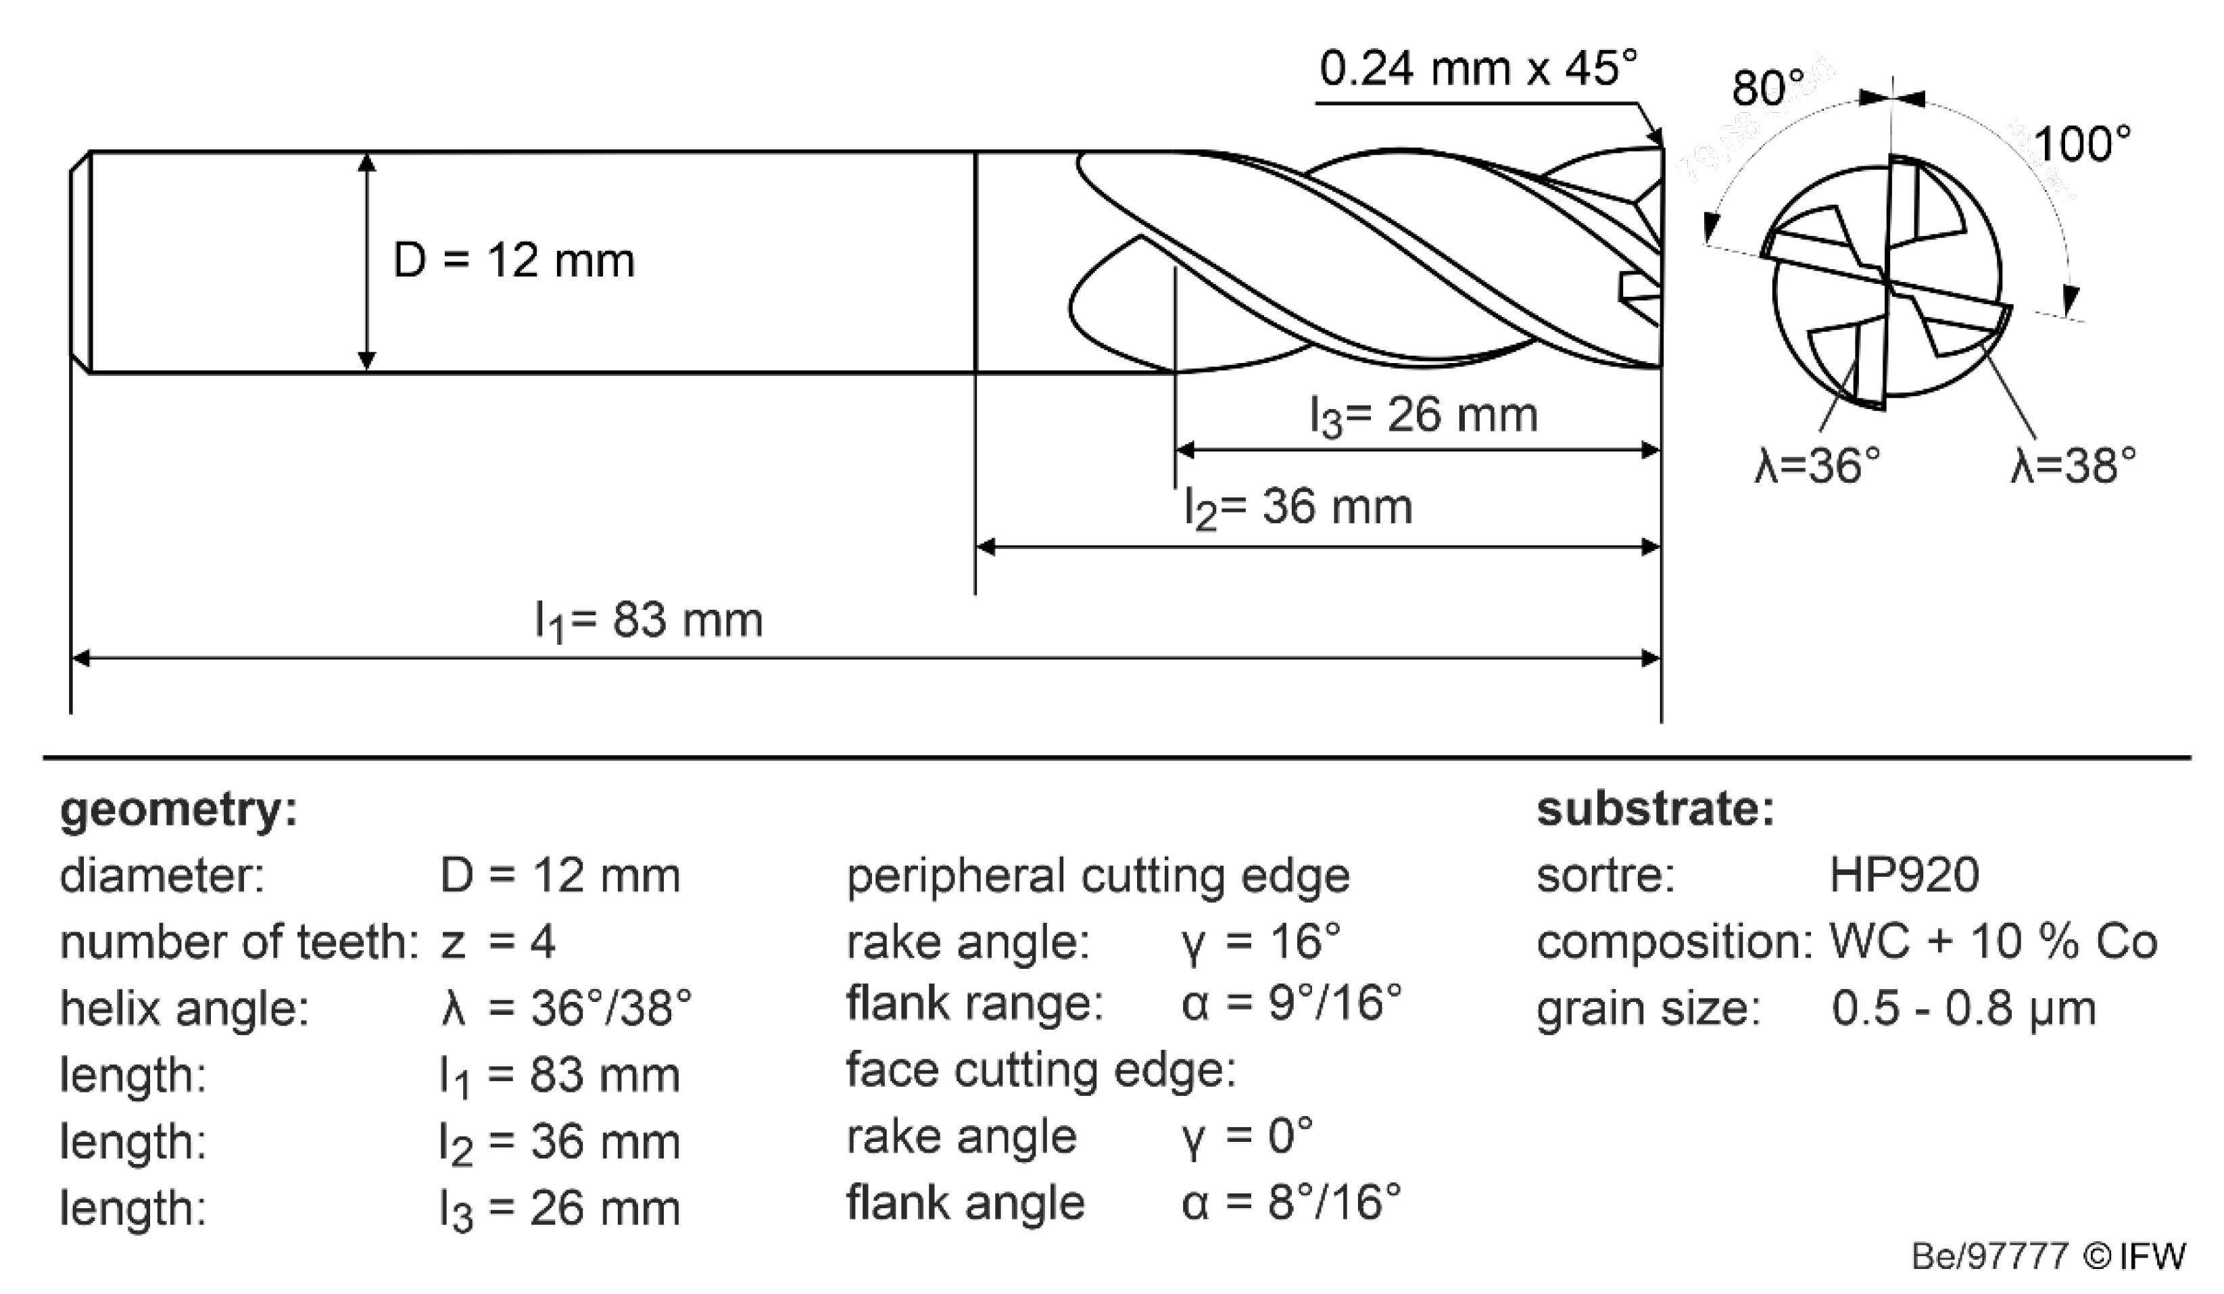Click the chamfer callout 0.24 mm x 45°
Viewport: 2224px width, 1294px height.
coord(1478,69)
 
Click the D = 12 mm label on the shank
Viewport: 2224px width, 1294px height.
coord(514,261)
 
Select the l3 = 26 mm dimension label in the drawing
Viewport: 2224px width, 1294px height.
coord(1423,416)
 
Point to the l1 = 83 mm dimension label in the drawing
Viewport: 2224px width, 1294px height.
coord(649,621)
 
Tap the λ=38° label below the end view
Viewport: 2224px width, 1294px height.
coord(2073,465)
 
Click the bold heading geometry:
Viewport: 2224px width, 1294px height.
coord(178,809)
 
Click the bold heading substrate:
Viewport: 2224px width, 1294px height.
coord(1655,809)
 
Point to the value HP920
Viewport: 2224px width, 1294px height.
coord(1904,876)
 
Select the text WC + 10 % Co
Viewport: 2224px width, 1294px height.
coord(1993,942)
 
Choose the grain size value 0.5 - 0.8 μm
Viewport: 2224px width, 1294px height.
coord(1963,1008)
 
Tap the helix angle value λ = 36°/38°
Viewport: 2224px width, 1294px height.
coord(566,1008)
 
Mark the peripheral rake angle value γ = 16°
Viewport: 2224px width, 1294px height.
coord(1260,942)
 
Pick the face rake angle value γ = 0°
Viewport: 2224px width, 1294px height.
coord(1246,1136)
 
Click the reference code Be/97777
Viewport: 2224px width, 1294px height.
coord(1989,1256)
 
